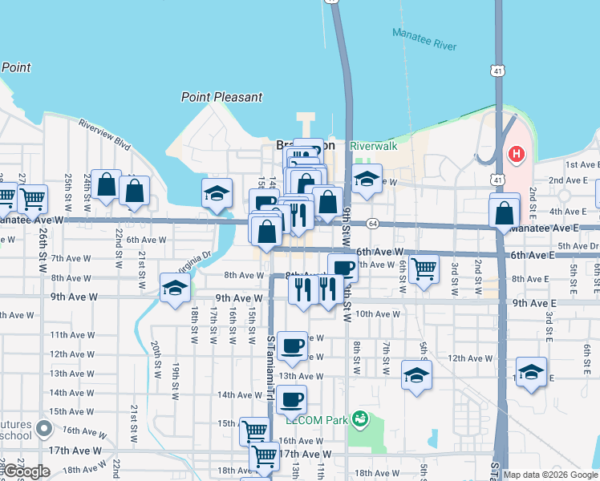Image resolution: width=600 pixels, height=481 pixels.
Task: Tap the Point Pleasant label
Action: pos(221,97)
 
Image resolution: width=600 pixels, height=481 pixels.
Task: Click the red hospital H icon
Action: pos(517,153)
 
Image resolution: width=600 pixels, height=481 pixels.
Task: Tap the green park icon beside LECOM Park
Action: pos(360,418)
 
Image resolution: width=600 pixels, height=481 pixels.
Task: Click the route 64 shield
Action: pos(373,224)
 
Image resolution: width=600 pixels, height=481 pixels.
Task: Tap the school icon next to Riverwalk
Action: pos(367,180)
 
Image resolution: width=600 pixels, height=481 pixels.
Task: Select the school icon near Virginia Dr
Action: pos(175,289)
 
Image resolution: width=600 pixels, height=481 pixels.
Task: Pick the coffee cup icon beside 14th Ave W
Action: pos(292,398)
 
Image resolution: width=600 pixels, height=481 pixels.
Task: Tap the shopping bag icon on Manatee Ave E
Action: pos(504,213)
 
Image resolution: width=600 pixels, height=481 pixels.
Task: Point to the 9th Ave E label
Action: pos(534,303)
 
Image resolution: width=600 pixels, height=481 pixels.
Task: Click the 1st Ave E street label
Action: pos(582,164)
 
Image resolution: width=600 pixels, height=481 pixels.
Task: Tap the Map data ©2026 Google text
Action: pos(551,475)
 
